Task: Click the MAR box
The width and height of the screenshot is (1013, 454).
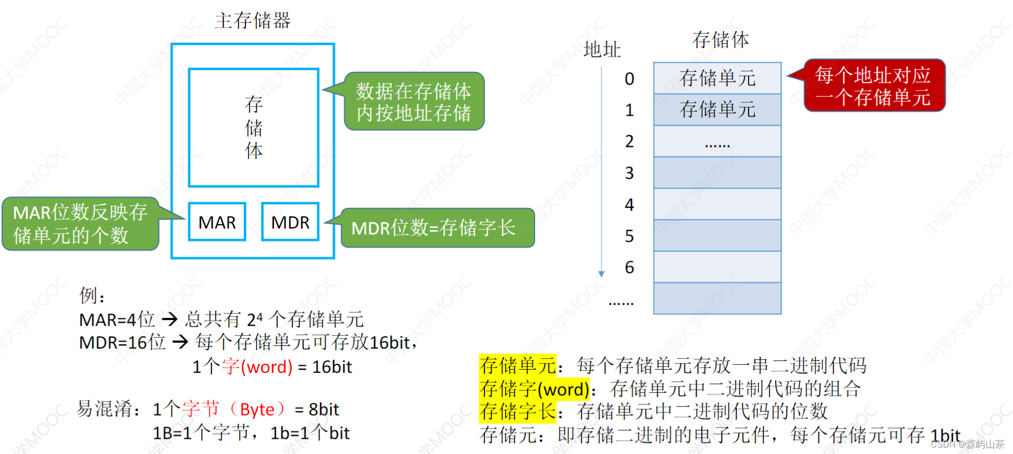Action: tap(217, 222)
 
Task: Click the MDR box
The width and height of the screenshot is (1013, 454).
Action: tap(290, 222)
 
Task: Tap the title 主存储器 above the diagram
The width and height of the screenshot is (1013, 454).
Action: tap(252, 21)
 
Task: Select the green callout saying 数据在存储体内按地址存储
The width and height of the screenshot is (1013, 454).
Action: tap(414, 102)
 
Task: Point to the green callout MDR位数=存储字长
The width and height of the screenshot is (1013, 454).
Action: tap(437, 228)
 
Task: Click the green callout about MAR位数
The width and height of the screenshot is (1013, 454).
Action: tap(80, 224)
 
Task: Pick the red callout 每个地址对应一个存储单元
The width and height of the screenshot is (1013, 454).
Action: tap(874, 86)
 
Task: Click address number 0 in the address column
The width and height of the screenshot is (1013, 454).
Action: tap(629, 79)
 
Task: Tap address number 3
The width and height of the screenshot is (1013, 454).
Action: tap(629, 173)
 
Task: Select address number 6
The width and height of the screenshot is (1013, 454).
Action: tap(629, 267)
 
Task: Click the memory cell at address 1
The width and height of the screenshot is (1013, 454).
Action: tap(717, 110)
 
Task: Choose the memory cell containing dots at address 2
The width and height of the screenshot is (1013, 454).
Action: tap(717, 142)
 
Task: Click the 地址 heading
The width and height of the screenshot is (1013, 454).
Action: tap(602, 50)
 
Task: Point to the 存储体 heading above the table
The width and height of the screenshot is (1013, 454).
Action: tap(721, 40)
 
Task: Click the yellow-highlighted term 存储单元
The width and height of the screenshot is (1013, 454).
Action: tap(517, 365)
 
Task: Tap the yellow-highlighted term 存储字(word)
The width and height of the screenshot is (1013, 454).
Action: tap(534, 389)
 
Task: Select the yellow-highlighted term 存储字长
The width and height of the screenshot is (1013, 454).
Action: tap(517, 411)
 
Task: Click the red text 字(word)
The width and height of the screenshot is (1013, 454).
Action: tap(257, 366)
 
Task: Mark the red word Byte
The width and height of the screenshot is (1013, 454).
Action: tap(257, 410)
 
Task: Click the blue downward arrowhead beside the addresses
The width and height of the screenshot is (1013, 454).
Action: tap(601, 274)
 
